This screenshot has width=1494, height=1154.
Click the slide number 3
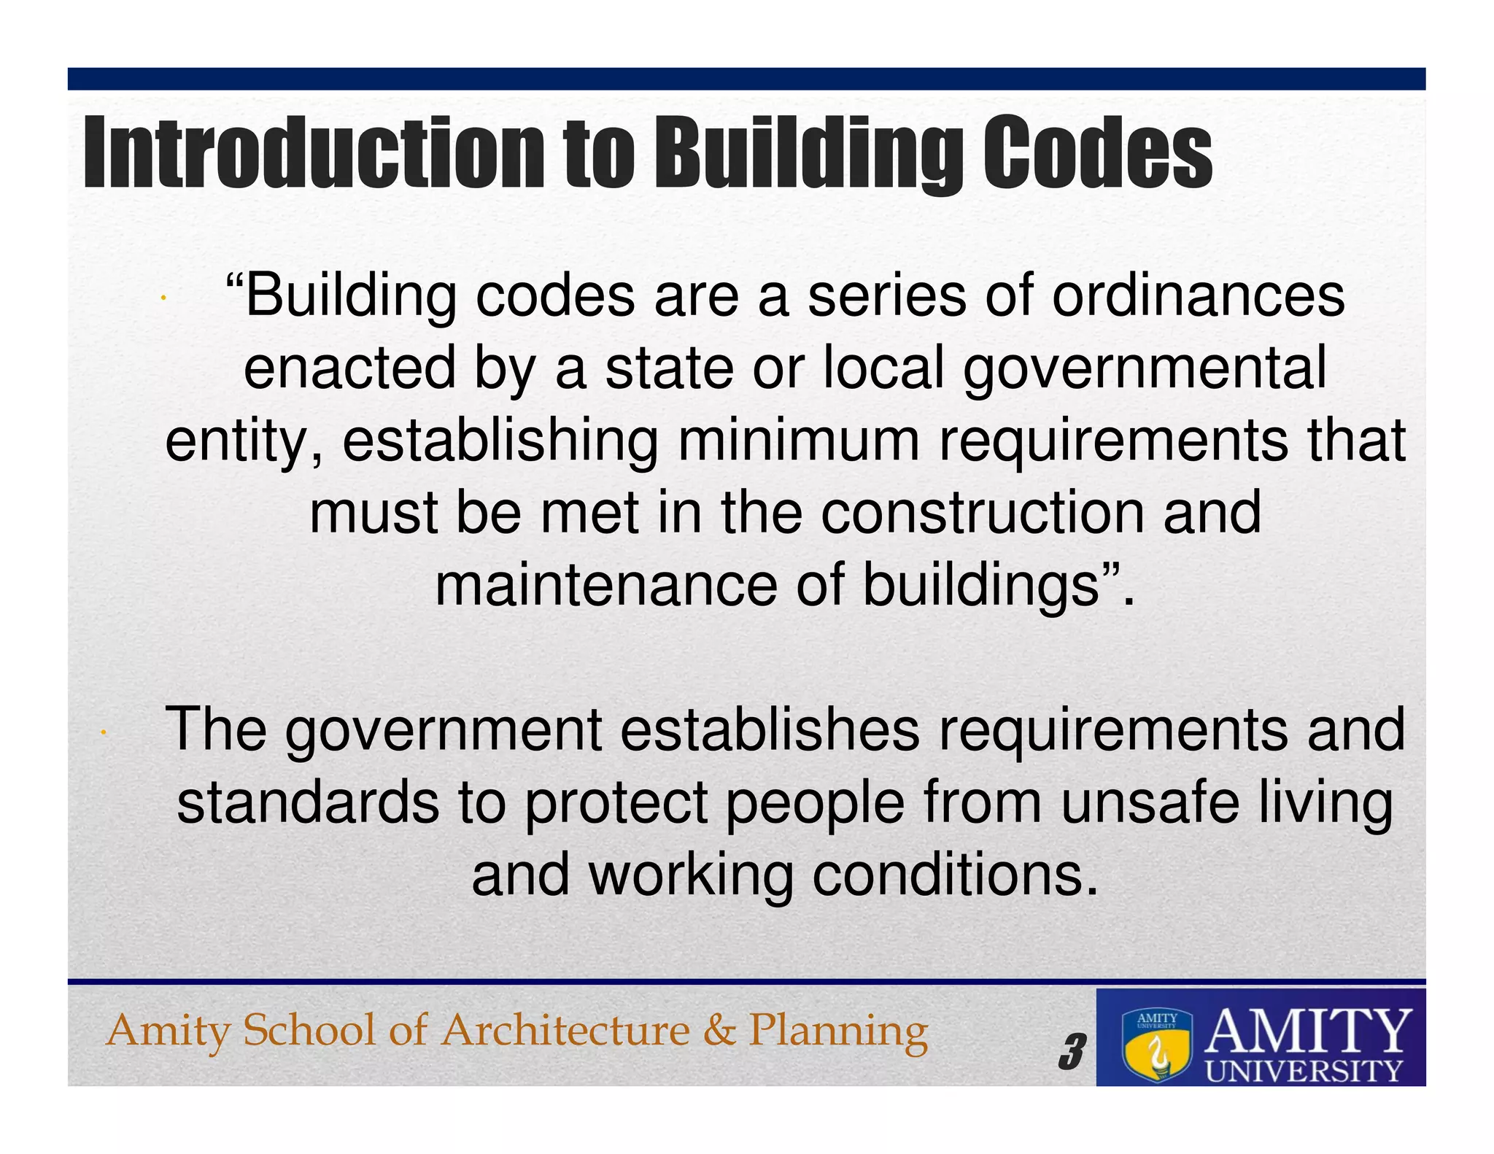click(1071, 1052)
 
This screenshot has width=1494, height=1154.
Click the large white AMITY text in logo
click(1307, 1030)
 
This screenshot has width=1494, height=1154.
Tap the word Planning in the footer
click(838, 1032)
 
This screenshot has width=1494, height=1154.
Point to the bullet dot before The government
click(105, 732)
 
